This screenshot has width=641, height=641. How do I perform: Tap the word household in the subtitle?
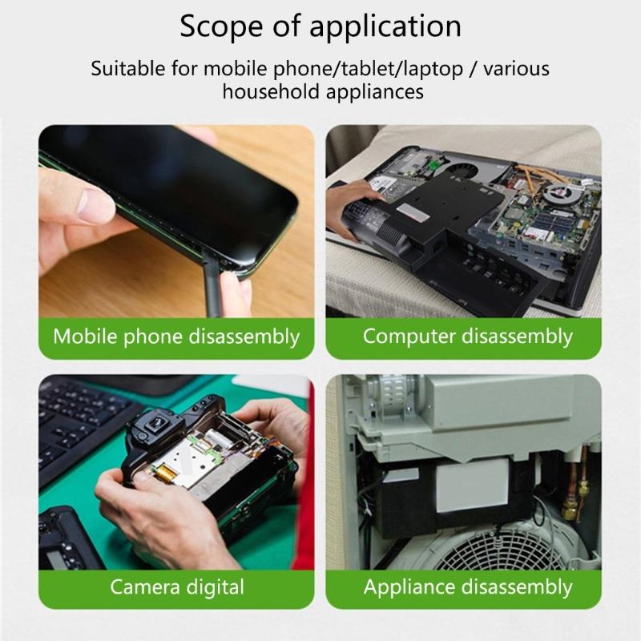[271, 91]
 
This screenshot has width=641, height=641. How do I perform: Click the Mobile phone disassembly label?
[176, 336]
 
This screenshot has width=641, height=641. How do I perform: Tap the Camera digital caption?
[176, 587]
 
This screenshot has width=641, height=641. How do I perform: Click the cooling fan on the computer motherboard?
[561, 196]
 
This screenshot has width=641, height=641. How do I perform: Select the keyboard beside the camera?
[76, 425]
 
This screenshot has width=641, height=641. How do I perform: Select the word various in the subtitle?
[518, 68]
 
